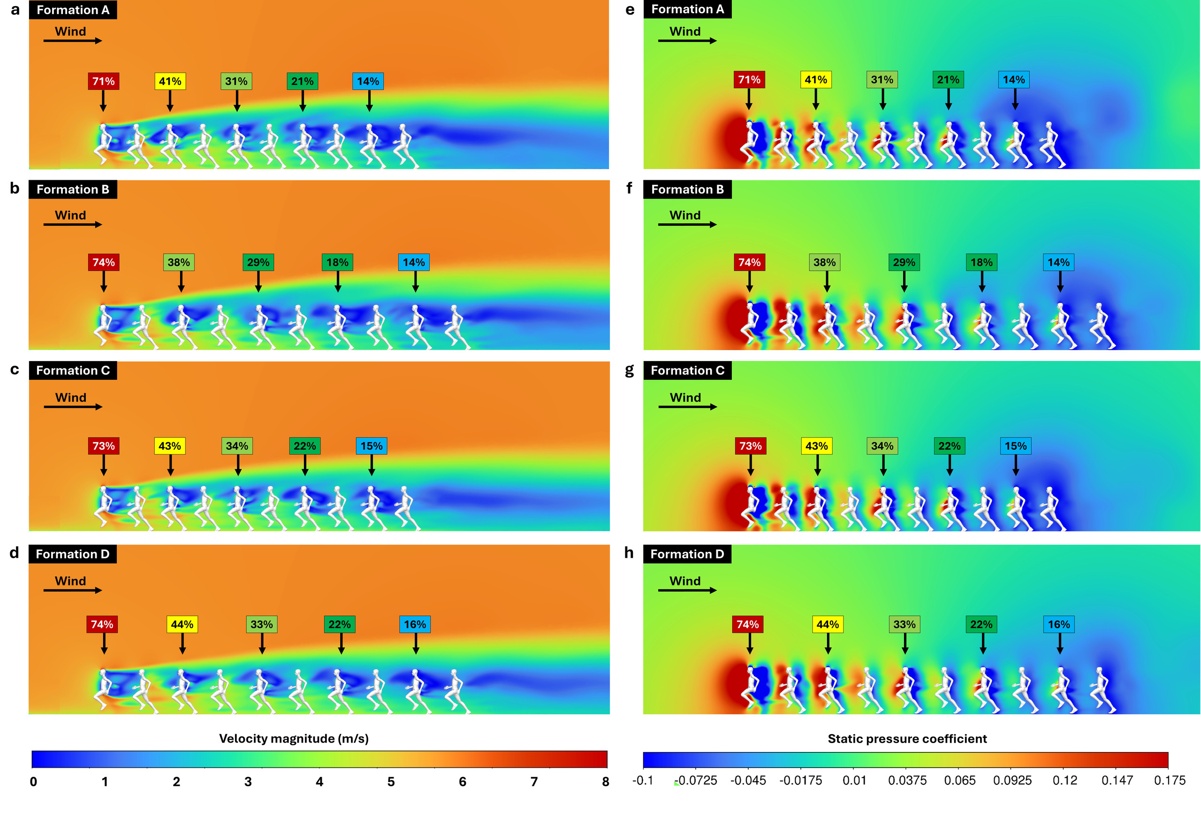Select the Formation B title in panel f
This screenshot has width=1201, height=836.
687,190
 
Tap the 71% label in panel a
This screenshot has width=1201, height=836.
103,81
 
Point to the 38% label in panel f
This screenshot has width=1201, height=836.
824,262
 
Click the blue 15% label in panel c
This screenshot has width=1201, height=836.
372,446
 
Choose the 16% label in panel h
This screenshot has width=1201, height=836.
1059,624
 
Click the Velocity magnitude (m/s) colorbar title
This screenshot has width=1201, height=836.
294,739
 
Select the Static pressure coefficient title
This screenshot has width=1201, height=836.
906,739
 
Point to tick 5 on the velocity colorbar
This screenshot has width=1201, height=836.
391,782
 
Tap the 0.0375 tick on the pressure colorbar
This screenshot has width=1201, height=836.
907,781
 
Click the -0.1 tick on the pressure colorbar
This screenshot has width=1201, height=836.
642,781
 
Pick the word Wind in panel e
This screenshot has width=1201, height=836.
685,31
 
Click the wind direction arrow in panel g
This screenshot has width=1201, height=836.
687,407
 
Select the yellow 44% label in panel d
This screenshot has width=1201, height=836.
182,624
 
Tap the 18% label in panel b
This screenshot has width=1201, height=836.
337,262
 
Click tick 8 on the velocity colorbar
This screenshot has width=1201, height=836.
605,782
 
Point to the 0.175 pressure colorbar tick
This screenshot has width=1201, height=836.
1169,781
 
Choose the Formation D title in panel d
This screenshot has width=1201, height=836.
73,554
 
